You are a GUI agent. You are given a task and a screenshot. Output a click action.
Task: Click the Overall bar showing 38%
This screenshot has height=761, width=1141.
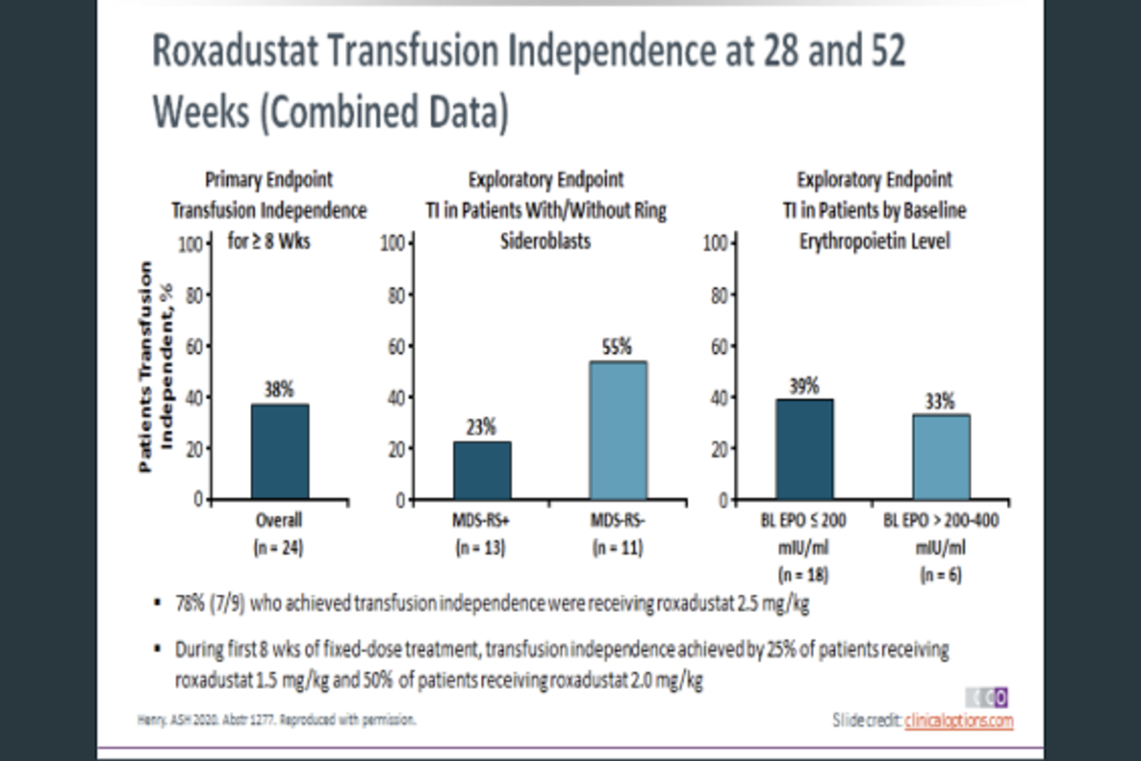280,452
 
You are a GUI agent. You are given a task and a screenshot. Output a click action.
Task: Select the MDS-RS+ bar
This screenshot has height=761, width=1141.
482,470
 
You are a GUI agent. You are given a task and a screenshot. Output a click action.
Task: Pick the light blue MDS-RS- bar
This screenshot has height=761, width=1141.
619,430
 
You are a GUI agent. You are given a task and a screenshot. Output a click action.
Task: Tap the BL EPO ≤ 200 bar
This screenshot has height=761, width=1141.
804,449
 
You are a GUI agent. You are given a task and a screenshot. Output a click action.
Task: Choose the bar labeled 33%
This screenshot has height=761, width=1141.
941,457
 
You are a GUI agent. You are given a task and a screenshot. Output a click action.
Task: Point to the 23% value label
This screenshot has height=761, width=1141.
481,427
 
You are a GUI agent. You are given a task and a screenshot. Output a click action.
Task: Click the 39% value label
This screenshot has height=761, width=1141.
804,384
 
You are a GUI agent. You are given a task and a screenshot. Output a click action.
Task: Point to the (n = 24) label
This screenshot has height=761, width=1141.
280,547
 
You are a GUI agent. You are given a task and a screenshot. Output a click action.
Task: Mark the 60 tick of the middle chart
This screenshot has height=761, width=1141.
392,346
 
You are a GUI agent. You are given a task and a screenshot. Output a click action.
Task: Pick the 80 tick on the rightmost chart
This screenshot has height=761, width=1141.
716,295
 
